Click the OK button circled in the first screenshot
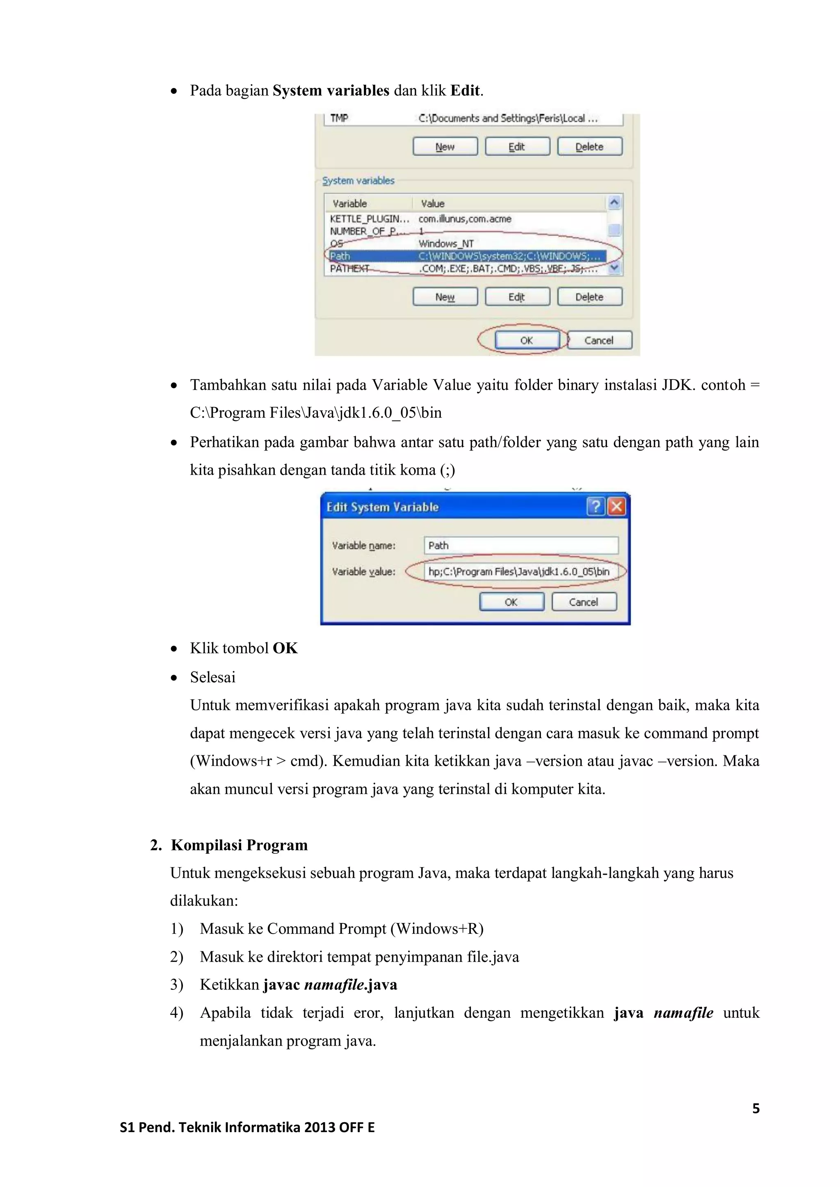coord(527,340)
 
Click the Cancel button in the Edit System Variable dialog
coord(584,602)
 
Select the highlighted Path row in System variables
coord(466,256)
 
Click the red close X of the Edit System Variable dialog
coord(616,506)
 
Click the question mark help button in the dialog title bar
coord(596,506)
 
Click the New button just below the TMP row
coord(445,147)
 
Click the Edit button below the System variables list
coord(517,297)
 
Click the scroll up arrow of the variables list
coord(614,202)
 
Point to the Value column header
coord(432,203)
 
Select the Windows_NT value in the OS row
coord(446,243)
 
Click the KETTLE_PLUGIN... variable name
coord(369,219)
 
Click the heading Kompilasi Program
coord(239,845)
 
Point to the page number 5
coord(756,1108)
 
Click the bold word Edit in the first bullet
coord(465,91)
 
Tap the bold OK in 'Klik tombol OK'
coord(285,648)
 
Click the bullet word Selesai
coord(212,677)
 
